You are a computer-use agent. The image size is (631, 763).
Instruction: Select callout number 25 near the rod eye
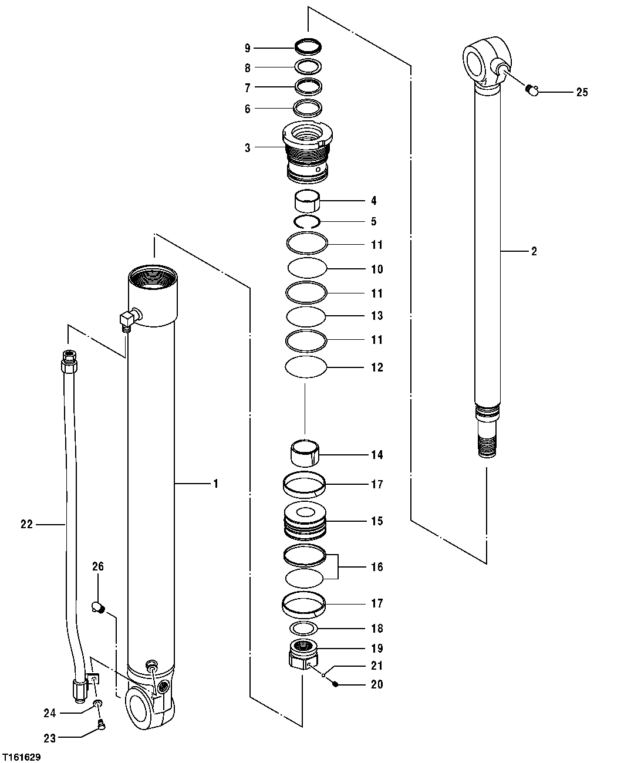(x=582, y=92)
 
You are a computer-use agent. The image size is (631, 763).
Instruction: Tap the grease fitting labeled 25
(x=532, y=89)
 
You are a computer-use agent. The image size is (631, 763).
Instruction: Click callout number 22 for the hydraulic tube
(x=26, y=525)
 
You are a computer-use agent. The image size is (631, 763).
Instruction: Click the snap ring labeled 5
(x=306, y=222)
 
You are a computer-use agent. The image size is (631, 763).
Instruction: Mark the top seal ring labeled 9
(x=308, y=46)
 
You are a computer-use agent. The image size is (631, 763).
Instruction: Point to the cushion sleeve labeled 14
(x=306, y=455)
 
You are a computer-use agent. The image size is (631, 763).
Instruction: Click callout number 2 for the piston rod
(x=534, y=252)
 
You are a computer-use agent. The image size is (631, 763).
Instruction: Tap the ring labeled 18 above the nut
(x=303, y=628)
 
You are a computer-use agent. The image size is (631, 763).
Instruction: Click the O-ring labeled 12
(x=305, y=367)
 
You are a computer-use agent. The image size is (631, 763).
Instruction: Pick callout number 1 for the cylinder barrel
(x=215, y=484)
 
